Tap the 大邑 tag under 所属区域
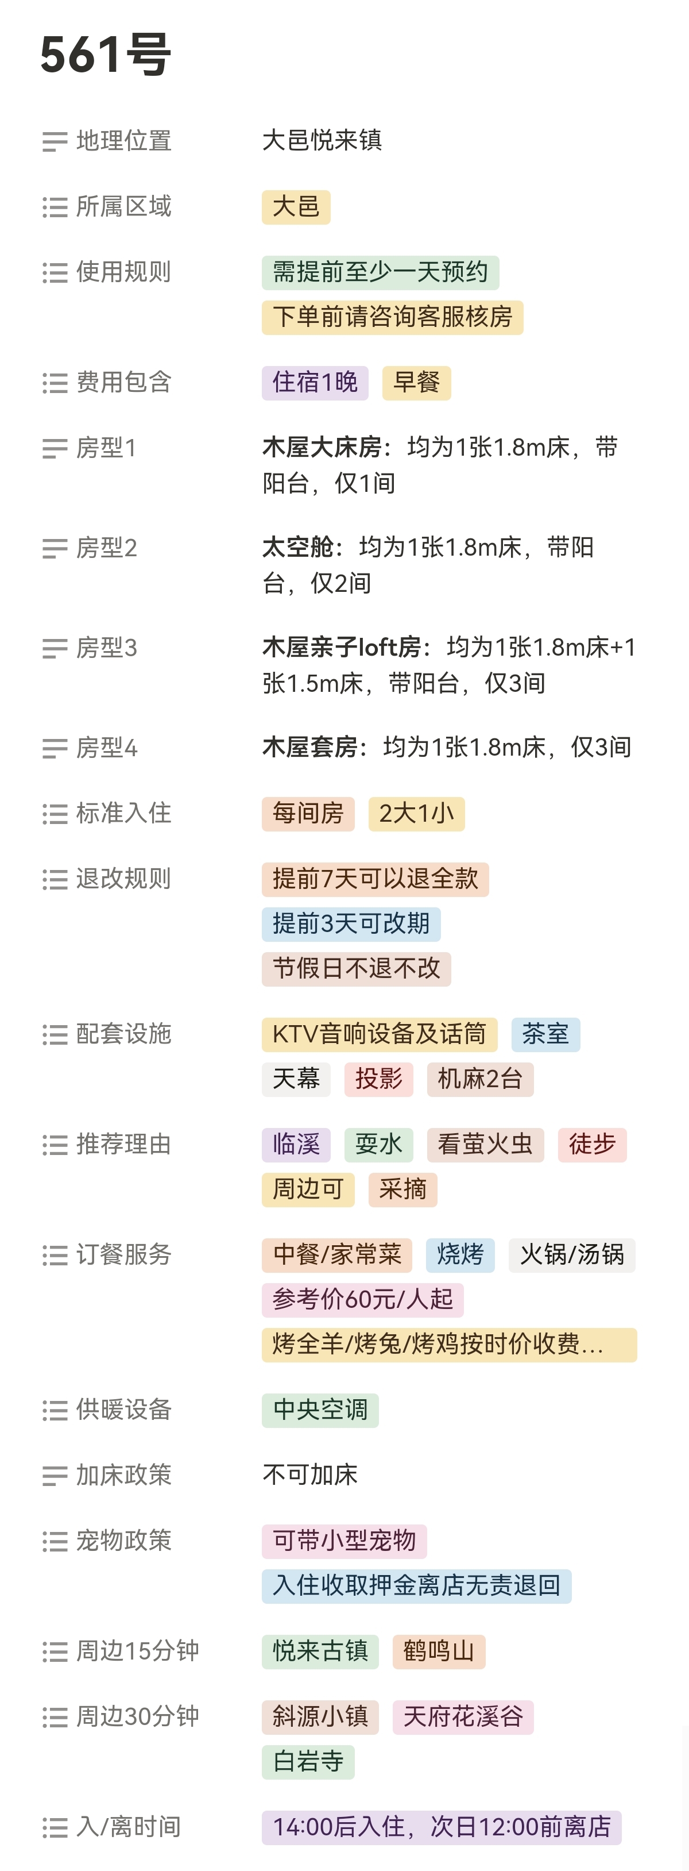pyautogui.click(x=296, y=207)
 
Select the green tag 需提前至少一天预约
pyautogui.click(x=380, y=272)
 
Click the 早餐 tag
pyautogui.click(x=416, y=383)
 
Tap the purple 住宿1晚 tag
pyautogui.click(x=315, y=383)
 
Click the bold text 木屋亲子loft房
pyautogui.click(x=341, y=647)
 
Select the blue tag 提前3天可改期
pyautogui.click(x=351, y=924)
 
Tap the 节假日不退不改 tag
pyautogui.click(x=356, y=969)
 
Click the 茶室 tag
pyautogui.click(x=545, y=1034)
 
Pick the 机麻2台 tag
pyautogui.click(x=480, y=1079)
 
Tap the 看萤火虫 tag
pyautogui.click(x=485, y=1145)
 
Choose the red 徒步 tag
pyautogui.click(x=592, y=1145)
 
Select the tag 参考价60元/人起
pyautogui.click(x=362, y=1299)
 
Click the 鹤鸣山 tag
pyautogui.click(x=439, y=1651)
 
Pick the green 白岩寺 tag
pyautogui.click(x=308, y=1762)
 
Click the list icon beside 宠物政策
pyautogui.click(x=55, y=1541)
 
